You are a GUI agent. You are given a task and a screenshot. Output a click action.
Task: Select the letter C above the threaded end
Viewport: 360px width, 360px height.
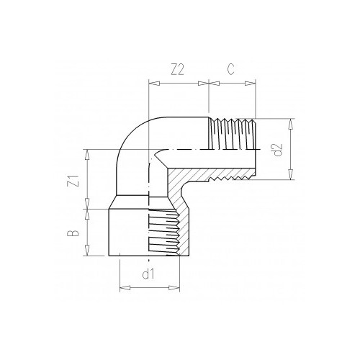click(x=231, y=70)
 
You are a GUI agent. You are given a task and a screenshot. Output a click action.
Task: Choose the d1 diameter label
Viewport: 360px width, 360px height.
click(x=148, y=274)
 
